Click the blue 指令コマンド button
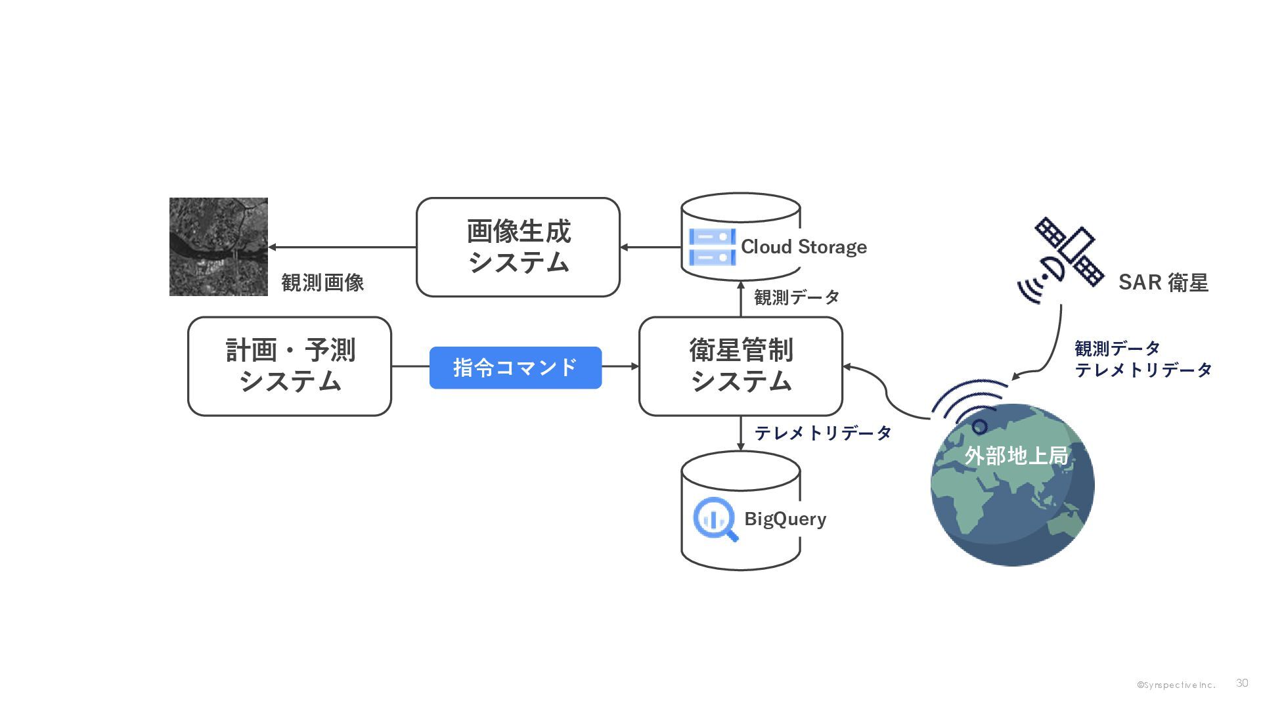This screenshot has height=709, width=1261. pyautogui.click(x=516, y=368)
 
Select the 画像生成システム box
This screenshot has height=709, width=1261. pyautogui.click(x=518, y=247)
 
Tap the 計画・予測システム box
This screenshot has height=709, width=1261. pyautogui.click(x=290, y=366)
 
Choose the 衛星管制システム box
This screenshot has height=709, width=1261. pyautogui.click(x=741, y=366)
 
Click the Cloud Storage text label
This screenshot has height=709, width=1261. pyautogui.click(x=804, y=247)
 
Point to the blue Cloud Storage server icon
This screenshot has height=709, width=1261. pyautogui.click(x=712, y=247)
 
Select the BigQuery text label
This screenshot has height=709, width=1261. pyautogui.click(x=785, y=519)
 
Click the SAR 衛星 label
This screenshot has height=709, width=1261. pyautogui.click(x=1163, y=282)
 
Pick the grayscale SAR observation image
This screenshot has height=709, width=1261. pyautogui.click(x=219, y=247)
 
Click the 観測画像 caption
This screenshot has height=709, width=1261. pyautogui.click(x=322, y=283)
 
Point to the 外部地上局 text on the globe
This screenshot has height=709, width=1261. pyautogui.click(x=1016, y=455)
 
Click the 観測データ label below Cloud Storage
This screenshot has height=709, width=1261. pyautogui.click(x=797, y=297)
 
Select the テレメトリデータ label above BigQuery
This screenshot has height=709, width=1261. pyautogui.click(x=823, y=433)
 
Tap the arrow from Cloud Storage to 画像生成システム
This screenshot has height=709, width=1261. pyautogui.click(x=650, y=247)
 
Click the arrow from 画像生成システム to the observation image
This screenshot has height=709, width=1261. pyautogui.click(x=342, y=247)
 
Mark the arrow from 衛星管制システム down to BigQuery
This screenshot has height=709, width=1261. pyautogui.click(x=741, y=433)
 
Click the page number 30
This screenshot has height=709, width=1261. pyautogui.click(x=1242, y=683)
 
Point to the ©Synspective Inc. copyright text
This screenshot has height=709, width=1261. pyautogui.click(x=1176, y=685)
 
